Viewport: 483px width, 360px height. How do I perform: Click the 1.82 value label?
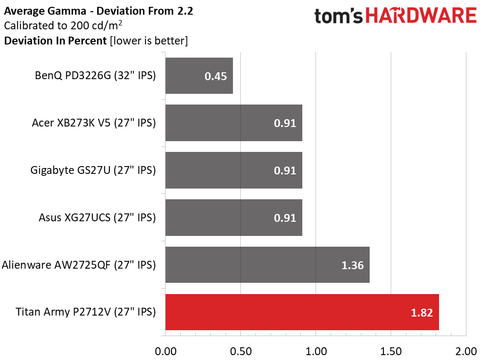pyautogui.click(x=421, y=313)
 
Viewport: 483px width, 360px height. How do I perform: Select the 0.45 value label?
pyautogui.click(x=215, y=76)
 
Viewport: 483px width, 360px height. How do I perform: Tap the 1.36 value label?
pyautogui.click(x=352, y=265)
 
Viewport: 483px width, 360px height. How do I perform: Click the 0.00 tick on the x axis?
pyautogui.click(x=166, y=351)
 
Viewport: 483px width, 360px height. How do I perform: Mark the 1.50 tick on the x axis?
pyautogui.click(x=391, y=351)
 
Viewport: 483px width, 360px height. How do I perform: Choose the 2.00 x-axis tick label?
pyautogui.click(x=466, y=351)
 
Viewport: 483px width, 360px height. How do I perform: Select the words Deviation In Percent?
pyautogui.click(x=55, y=41)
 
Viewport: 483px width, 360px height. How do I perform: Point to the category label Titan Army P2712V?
pyautogui.click(x=85, y=312)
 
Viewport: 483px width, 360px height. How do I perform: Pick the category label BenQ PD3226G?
pyautogui.click(x=95, y=76)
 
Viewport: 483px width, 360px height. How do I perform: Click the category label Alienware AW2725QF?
pyautogui.click(x=79, y=265)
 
